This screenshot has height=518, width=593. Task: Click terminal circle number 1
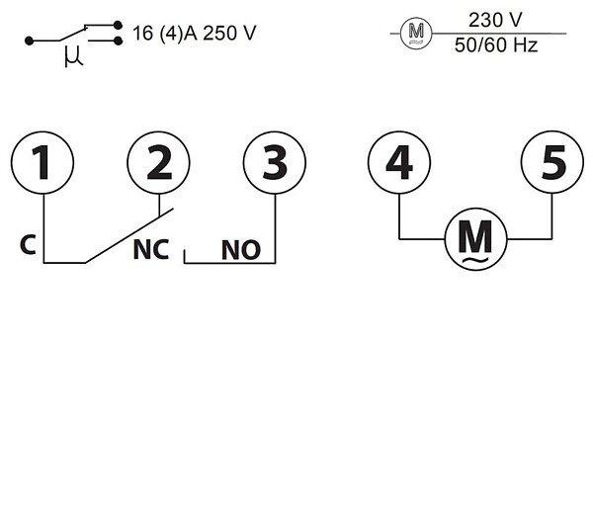click(x=42, y=162)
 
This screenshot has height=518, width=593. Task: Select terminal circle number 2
click(x=158, y=162)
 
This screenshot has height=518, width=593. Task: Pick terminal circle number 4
click(x=398, y=162)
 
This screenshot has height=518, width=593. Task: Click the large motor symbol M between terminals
click(x=476, y=236)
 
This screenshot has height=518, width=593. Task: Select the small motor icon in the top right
click(x=416, y=36)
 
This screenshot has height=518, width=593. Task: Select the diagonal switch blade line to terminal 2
click(x=124, y=237)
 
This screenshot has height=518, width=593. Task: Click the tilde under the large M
click(x=476, y=260)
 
